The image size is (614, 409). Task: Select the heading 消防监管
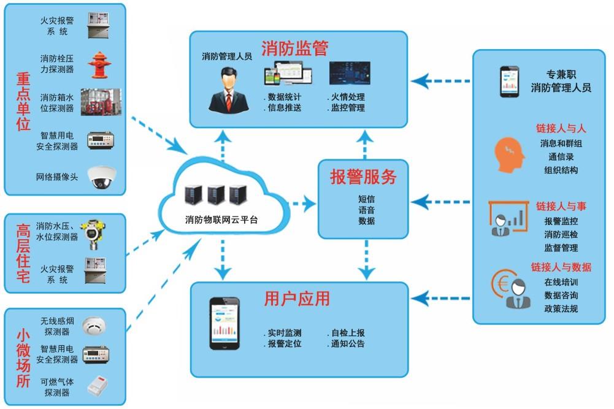(x=294, y=48)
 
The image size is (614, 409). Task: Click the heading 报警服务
(x=364, y=177)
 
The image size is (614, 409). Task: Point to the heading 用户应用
(x=297, y=299)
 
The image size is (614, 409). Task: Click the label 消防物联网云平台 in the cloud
(x=221, y=220)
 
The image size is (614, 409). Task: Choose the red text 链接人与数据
(x=561, y=267)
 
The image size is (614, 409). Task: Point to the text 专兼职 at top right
(x=561, y=74)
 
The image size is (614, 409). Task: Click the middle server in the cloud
(x=215, y=194)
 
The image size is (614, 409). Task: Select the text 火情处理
(x=347, y=97)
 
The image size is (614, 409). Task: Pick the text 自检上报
(x=347, y=333)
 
